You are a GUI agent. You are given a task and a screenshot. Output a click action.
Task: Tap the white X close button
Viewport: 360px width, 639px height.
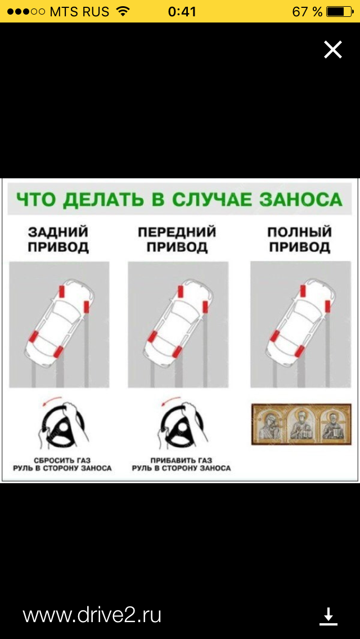tap(332, 49)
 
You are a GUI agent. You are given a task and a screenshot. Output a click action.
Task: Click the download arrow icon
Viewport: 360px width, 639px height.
tap(328, 616)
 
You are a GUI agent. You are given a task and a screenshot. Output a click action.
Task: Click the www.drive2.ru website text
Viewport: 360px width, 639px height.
tap(92, 615)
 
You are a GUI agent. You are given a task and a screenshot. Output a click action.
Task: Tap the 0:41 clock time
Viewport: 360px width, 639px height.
tap(182, 11)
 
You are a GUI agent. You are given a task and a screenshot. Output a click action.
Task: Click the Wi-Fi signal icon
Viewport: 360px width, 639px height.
tap(122, 11)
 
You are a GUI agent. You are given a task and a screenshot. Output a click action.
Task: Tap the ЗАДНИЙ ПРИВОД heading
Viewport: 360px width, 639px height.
tap(58, 240)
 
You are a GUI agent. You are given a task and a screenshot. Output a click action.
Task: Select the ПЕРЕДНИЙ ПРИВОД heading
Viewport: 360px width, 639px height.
tap(177, 240)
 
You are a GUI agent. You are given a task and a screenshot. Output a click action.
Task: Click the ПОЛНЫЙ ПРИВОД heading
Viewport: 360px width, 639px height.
tap(299, 240)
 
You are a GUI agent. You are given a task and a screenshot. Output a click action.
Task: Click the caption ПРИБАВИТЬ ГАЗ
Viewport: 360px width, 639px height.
tap(181, 461)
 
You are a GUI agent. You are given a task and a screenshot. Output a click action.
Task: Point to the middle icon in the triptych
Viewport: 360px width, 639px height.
tap(301, 424)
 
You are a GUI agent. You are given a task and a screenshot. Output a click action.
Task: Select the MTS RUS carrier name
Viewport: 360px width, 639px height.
tap(79, 11)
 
